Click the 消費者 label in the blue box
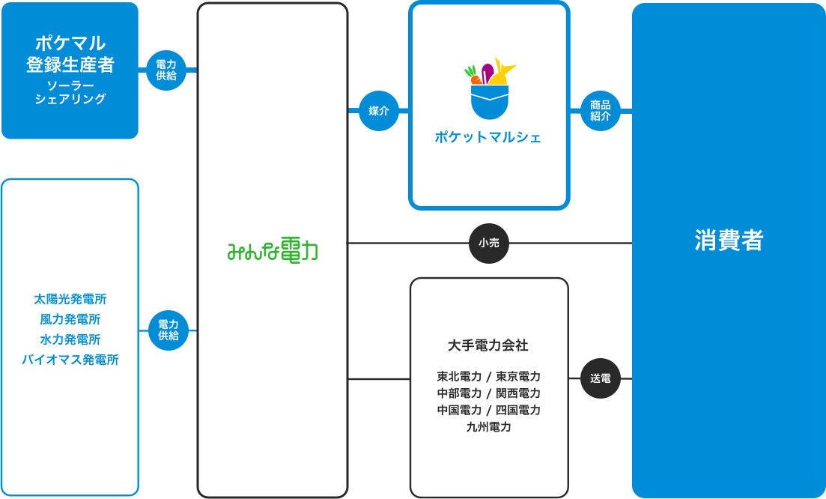[729, 241]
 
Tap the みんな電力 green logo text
[273, 252]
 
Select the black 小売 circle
[489, 243]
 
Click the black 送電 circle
[601, 378]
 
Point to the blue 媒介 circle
[379, 111]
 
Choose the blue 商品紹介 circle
[601, 111]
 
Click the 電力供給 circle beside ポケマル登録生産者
[166, 70]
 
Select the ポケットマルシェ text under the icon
[488, 137]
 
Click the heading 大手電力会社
[488, 345]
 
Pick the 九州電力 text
[488, 427]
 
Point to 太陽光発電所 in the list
[70, 299]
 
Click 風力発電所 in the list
[70, 319]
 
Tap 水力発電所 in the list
[70, 339]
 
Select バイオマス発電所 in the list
[70, 360]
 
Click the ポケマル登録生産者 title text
[70, 54]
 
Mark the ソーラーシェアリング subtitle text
[70, 92]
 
